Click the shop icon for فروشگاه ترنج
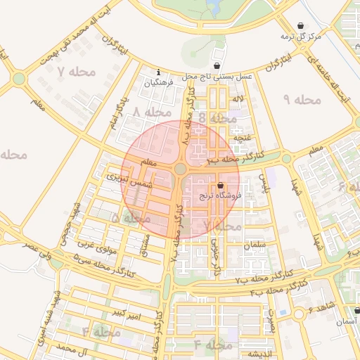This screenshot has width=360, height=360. point(221,186)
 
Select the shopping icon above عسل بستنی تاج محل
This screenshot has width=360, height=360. point(219,65)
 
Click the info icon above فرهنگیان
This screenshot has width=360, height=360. point(159,72)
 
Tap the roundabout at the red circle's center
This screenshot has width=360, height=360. point(181,169)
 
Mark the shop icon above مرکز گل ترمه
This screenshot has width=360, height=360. point(302,25)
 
